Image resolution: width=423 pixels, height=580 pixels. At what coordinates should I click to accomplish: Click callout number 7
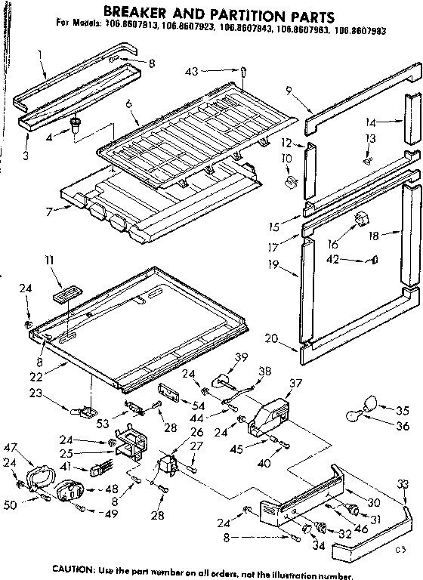(x=48, y=212)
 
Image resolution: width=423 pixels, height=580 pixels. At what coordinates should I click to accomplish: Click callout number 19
(x=273, y=264)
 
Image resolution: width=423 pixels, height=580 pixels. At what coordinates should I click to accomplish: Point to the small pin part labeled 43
(x=247, y=72)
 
